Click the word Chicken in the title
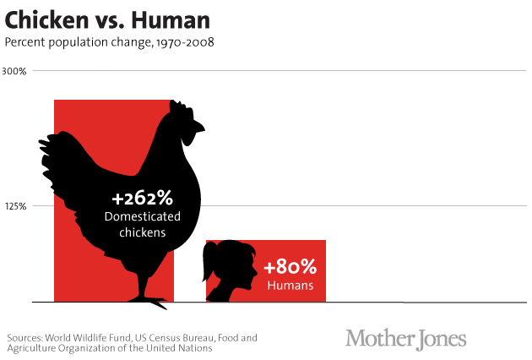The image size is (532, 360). [x=43, y=19]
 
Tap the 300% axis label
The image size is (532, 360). [x=16, y=71]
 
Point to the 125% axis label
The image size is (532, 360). [x=17, y=205]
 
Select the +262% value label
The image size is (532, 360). [x=142, y=199]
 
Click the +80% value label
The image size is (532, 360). [x=290, y=268]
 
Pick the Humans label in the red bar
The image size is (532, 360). [x=290, y=286]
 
